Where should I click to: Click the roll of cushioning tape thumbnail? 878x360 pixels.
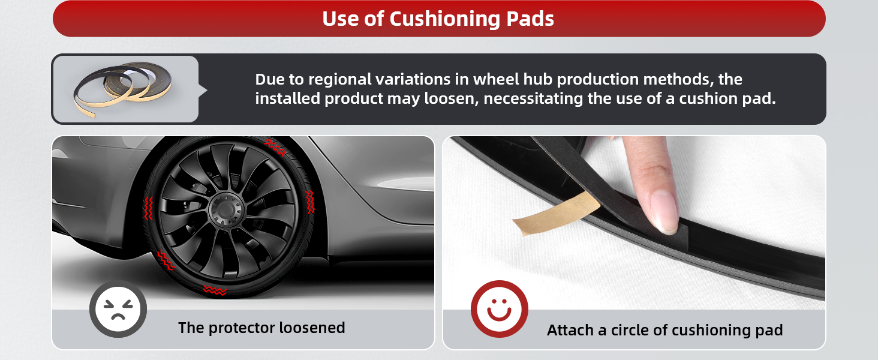(123, 89)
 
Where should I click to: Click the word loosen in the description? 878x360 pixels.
(451, 98)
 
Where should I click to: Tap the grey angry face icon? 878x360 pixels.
(118, 309)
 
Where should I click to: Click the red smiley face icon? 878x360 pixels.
(499, 309)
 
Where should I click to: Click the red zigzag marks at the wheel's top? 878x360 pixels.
(275, 147)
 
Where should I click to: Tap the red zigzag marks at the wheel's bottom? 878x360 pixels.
(215, 290)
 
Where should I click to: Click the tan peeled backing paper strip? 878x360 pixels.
(556, 214)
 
